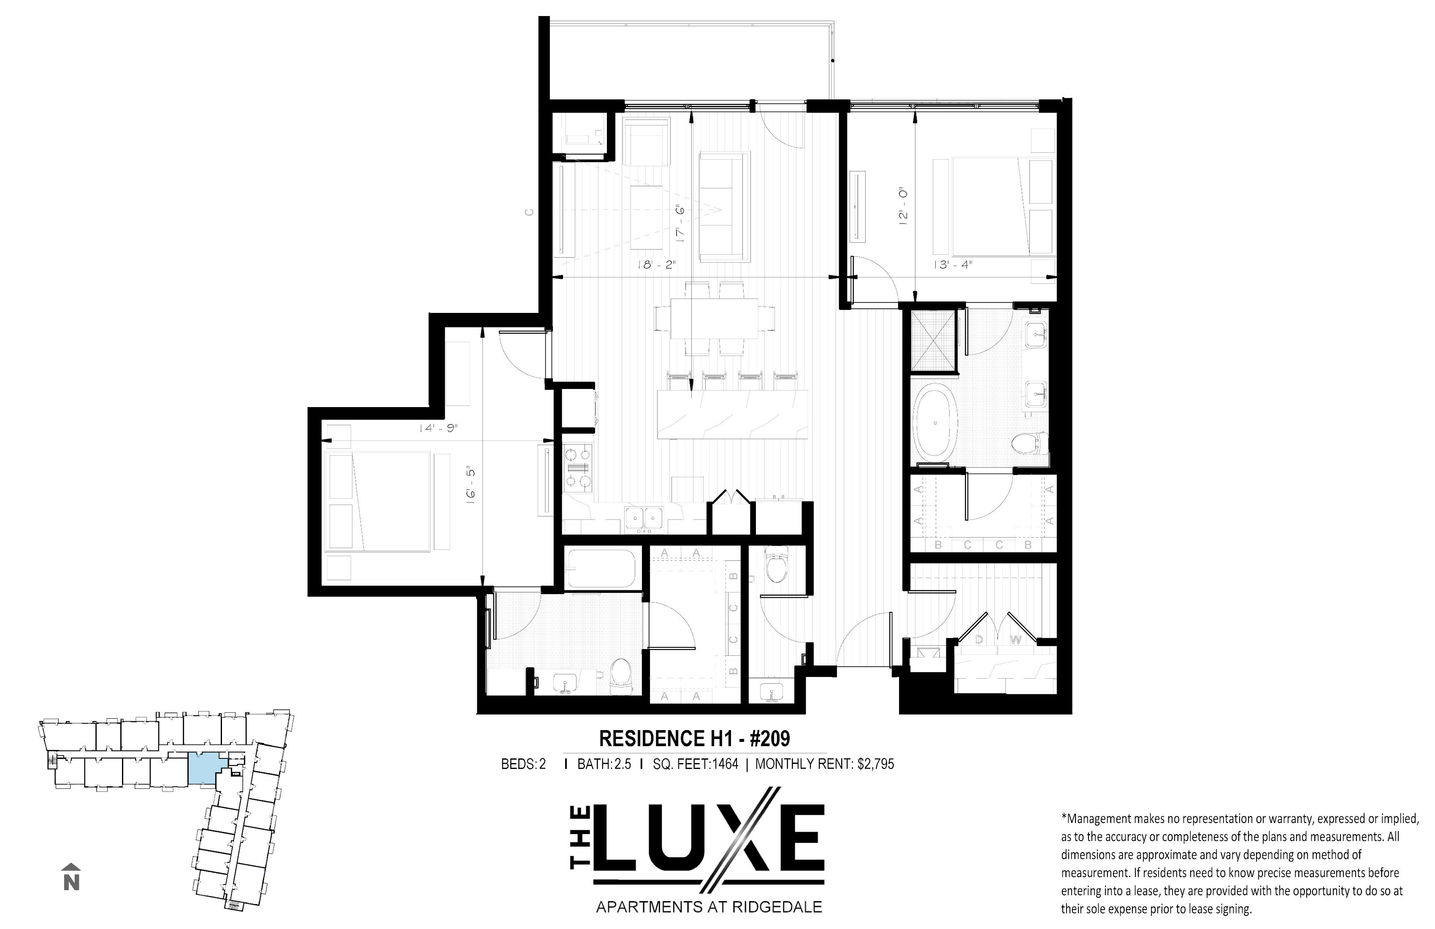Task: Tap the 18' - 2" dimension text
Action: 657,264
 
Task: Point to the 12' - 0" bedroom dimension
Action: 903,206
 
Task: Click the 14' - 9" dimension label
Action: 439,428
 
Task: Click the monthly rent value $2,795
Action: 875,764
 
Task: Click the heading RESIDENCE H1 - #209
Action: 694,739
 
